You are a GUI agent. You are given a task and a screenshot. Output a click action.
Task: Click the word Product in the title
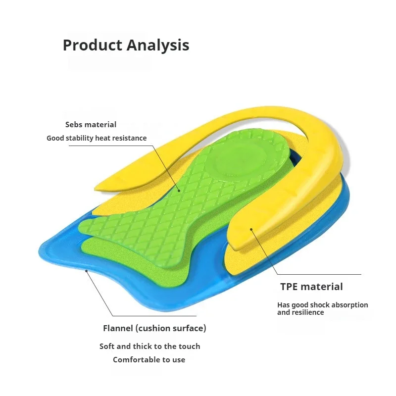tap(93, 45)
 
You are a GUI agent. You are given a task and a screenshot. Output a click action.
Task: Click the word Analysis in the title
tap(158, 45)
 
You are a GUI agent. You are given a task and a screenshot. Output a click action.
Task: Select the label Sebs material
tap(91, 125)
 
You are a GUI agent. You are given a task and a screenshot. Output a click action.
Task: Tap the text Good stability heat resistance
tap(97, 138)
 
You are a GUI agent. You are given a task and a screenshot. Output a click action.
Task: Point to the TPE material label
tap(311, 286)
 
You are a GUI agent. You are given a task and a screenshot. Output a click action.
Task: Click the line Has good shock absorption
tap(322, 305)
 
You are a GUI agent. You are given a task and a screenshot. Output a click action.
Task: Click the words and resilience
tap(300, 312)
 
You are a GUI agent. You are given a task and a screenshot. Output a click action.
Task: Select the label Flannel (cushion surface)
tap(154, 328)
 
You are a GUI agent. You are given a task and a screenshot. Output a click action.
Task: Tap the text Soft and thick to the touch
tap(149, 346)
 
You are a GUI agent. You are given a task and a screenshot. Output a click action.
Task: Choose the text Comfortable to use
tap(149, 359)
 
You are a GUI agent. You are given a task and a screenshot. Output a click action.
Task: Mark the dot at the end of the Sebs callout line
tap(179, 189)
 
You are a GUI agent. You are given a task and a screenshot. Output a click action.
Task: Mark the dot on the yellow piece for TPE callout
tap(251, 229)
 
